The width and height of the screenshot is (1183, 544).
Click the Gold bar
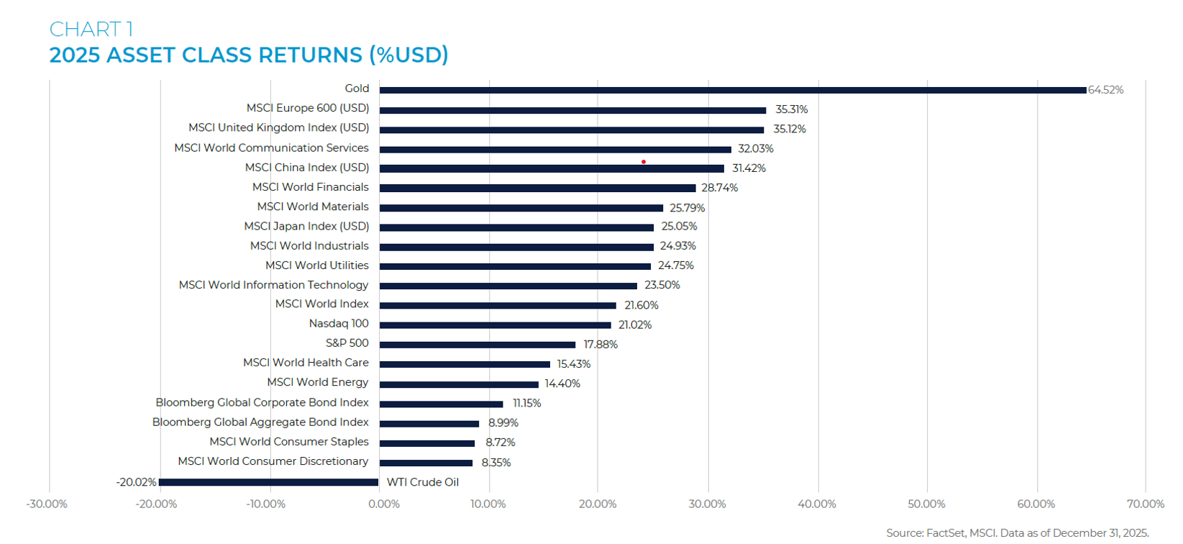pyautogui.click(x=732, y=90)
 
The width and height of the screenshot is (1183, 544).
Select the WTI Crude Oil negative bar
pyautogui.click(x=268, y=482)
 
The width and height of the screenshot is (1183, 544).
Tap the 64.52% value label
pyautogui.click(x=1105, y=90)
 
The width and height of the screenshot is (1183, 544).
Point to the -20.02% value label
pyautogui.click(x=136, y=482)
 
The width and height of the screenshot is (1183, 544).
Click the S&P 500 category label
pyautogui.click(x=347, y=343)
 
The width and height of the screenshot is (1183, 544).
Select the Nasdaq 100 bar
pyautogui.click(x=495, y=325)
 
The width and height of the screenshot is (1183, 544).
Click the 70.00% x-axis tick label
pyautogui.click(x=1145, y=504)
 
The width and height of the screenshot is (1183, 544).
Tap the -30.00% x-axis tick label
pyautogui.click(x=47, y=504)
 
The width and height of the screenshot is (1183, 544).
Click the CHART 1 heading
pyautogui.click(x=91, y=29)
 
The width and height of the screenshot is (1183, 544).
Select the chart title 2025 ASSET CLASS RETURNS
pyautogui.click(x=249, y=55)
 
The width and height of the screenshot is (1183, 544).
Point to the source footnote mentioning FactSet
pyautogui.click(x=1017, y=532)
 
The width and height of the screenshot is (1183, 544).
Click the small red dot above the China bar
pyautogui.click(x=643, y=162)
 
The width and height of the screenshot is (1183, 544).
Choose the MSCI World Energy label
pyautogui.click(x=317, y=382)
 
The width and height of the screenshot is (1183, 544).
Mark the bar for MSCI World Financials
pyautogui.click(x=537, y=188)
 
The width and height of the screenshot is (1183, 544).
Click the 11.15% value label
pyautogui.click(x=526, y=403)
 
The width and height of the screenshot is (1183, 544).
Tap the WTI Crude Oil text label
pyautogui.click(x=422, y=482)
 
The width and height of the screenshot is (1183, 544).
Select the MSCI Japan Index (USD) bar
pyautogui.click(x=516, y=227)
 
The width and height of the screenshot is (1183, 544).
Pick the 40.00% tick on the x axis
pyautogui.click(x=817, y=504)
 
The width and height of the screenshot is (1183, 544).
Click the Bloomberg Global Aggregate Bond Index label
pyautogui.click(x=260, y=422)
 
